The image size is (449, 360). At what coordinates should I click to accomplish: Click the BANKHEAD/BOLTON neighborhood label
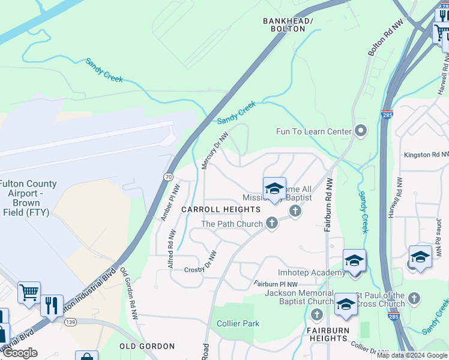click(x=288, y=25)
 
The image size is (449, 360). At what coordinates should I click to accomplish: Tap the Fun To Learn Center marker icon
click(x=360, y=130)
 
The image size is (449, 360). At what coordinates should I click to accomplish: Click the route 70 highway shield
click(x=169, y=177)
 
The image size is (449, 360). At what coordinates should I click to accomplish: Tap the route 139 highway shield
click(x=71, y=322)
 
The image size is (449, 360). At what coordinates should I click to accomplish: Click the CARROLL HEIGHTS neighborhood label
click(x=221, y=209)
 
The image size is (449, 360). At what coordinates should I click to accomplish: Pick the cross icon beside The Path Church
click(x=271, y=224)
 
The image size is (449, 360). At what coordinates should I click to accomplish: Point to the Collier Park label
click(x=238, y=323)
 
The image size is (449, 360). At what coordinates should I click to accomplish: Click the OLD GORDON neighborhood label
click(x=146, y=346)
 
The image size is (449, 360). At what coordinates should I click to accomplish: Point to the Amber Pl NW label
click(x=170, y=203)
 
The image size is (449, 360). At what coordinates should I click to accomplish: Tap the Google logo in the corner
click(x=20, y=353)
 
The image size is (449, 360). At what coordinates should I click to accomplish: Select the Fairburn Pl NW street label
click(x=276, y=284)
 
